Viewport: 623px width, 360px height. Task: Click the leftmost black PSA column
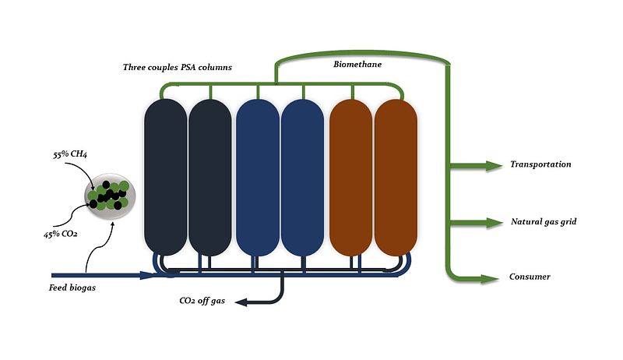165,177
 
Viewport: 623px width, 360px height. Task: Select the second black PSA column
210,177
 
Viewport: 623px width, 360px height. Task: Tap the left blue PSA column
257,177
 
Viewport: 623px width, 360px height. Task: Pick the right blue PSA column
302,177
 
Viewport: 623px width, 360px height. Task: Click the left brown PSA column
351,177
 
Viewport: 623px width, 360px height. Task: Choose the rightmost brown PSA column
396,177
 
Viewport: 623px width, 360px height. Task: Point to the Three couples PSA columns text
178,67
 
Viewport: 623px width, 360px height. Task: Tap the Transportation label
540,164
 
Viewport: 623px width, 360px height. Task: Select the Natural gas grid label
543,222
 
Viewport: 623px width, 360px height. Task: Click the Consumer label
530,277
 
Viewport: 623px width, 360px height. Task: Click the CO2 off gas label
202,301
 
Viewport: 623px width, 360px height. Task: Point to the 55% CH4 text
70,155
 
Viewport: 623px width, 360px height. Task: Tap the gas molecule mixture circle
108,195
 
